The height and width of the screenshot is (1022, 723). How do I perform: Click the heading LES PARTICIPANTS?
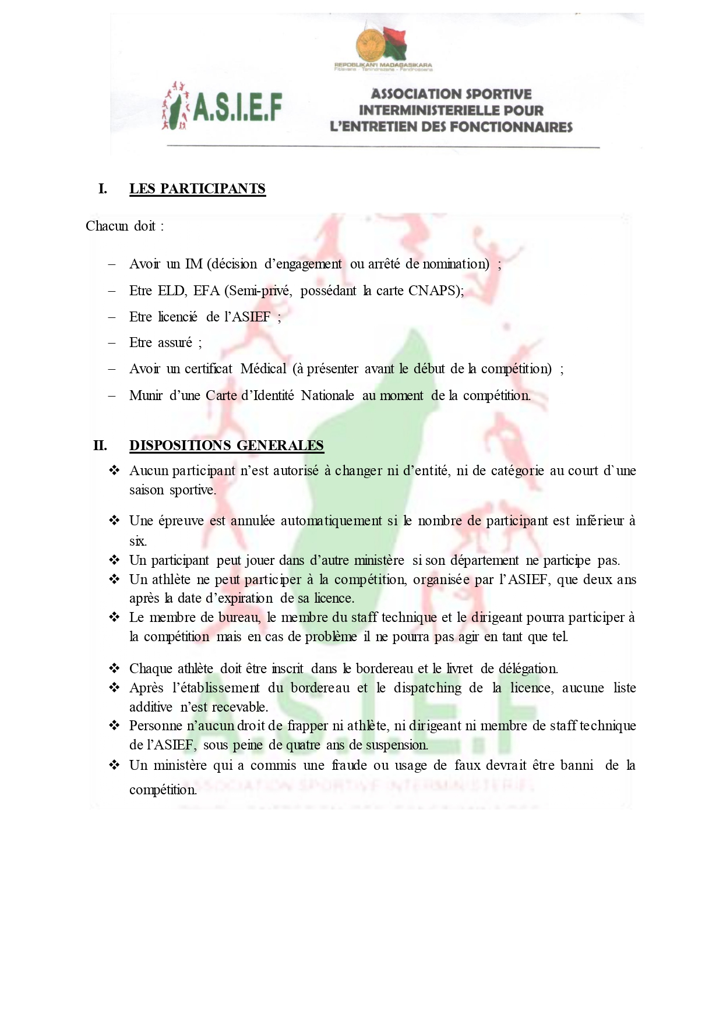tap(197, 189)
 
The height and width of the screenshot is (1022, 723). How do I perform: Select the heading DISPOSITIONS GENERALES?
tap(226, 445)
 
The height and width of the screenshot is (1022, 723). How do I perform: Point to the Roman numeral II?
tap(100, 445)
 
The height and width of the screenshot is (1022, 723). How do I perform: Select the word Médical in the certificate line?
tap(263, 369)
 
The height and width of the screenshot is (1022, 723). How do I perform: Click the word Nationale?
tap(327, 395)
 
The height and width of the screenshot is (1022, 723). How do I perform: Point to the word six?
tap(137, 541)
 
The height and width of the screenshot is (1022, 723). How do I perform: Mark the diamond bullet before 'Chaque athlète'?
tap(114, 668)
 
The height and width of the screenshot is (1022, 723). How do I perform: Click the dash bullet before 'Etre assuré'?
tap(112, 343)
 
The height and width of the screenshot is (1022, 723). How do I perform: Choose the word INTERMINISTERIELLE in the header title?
tap(451, 110)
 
